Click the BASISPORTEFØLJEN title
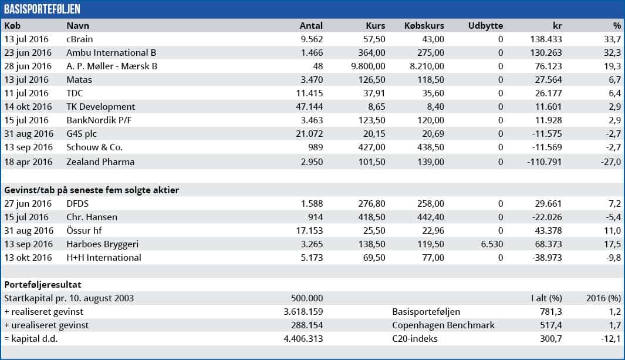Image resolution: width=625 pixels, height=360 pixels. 42,9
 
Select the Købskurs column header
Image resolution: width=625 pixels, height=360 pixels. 424,26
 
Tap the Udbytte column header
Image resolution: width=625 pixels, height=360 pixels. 485,26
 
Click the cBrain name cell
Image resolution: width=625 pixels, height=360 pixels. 80,39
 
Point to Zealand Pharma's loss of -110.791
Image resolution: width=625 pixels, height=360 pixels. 542,162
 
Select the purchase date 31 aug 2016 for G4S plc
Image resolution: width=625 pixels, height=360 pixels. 28,134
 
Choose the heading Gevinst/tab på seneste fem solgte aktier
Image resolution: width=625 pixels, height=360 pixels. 92,190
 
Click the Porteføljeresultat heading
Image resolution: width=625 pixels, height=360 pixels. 43,285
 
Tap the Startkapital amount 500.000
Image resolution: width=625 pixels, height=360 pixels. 307,298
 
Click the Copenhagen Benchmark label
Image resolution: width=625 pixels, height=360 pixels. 443,325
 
